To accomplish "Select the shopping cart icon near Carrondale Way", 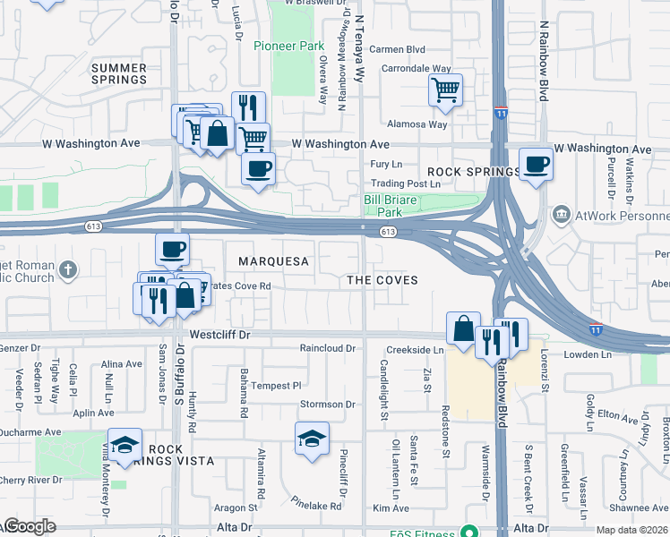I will pyautogui.click(x=445, y=90).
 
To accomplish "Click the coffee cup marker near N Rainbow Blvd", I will pyautogui.click(x=536, y=165).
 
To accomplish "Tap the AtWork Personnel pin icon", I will pyautogui.click(x=562, y=215).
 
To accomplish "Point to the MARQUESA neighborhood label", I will pyautogui.click(x=273, y=261).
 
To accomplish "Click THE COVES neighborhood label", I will pyautogui.click(x=382, y=280).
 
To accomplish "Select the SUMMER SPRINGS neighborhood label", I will pyautogui.click(x=118, y=73).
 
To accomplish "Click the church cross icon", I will pyautogui.click(x=70, y=268).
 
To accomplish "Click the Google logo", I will pyautogui.click(x=29, y=526).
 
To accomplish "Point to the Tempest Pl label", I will pyautogui.click(x=277, y=386).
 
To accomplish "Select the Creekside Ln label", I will pyautogui.click(x=415, y=350).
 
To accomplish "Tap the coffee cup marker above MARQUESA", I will pyautogui.click(x=172, y=249).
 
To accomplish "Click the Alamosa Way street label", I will pyautogui.click(x=417, y=124).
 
